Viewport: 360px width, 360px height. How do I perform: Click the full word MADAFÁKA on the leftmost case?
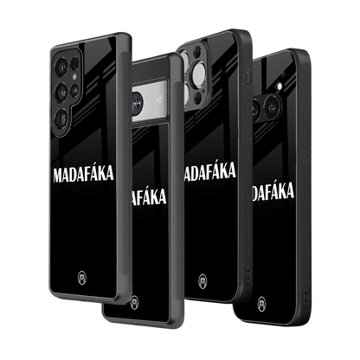click(83, 174)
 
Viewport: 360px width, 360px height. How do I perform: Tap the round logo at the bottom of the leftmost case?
click(82, 279)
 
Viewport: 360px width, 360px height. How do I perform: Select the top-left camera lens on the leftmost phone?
click(61, 67)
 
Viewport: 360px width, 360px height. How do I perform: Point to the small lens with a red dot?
click(75, 63)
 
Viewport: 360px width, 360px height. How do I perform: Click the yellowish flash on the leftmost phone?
click(74, 76)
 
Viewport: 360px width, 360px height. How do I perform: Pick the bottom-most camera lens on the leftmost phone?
click(62, 118)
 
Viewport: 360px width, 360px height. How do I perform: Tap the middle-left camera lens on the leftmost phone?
click(62, 92)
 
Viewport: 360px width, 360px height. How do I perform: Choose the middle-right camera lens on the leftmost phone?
click(74, 91)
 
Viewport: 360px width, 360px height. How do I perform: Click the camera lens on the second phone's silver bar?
click(137, 102)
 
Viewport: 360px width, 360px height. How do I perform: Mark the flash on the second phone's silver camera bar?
click(159, 100)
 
